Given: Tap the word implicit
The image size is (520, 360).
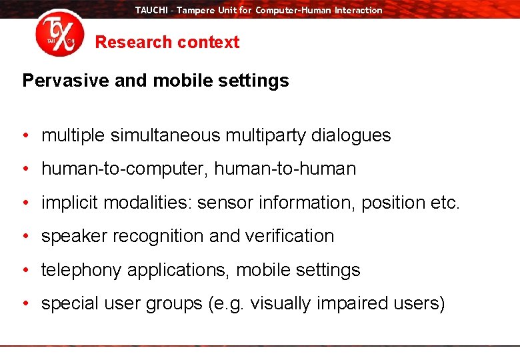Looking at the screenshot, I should (x=67, y=203).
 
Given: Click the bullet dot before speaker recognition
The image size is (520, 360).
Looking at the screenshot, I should (x=25, y=237).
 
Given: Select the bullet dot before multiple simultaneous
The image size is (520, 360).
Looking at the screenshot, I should (x=25, y=136).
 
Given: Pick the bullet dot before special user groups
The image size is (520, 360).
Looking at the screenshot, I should (x=25, y=304).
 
